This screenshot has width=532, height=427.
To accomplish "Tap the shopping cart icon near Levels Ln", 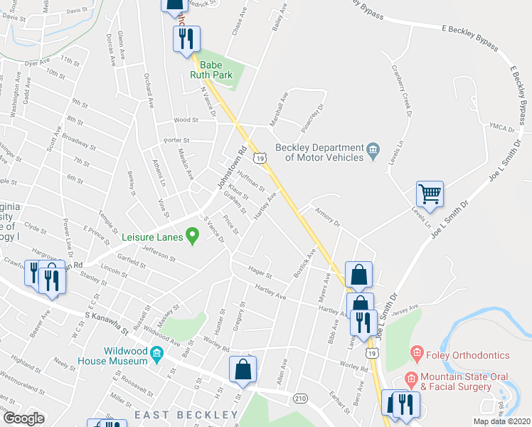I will (x=430, y=194).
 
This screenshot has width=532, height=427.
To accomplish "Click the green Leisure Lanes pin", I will (x=191, y=234).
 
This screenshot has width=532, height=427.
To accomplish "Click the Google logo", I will (x=23, y=418).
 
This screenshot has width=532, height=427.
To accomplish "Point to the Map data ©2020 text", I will (x=502, y=421).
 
